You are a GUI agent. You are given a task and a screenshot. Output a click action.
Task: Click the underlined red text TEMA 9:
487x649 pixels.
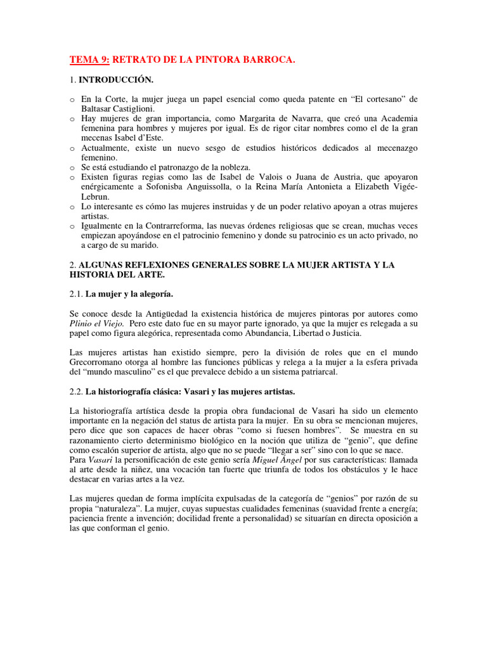(x=89, y=60)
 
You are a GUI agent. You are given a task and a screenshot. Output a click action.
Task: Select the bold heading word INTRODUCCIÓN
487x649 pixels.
(x=116, y=80)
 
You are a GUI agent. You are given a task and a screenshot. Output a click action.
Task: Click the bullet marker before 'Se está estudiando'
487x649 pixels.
(x=72, y=167)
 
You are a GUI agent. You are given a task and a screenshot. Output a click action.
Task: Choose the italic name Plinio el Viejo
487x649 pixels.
(x=96, y=324)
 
